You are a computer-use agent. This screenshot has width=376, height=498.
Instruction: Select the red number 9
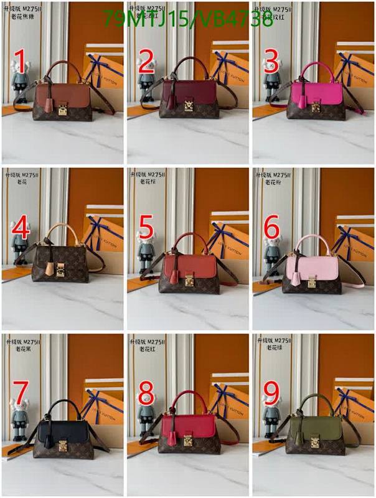(x=271, y=393)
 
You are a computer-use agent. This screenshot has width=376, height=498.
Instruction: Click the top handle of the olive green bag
(x=313, y=400)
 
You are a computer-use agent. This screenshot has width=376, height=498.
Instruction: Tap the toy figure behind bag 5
(x=145, y=256)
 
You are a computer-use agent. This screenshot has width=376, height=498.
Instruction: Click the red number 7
(x=21, y=393)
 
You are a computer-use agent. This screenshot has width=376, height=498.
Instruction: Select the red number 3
(x=271, y=62)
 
